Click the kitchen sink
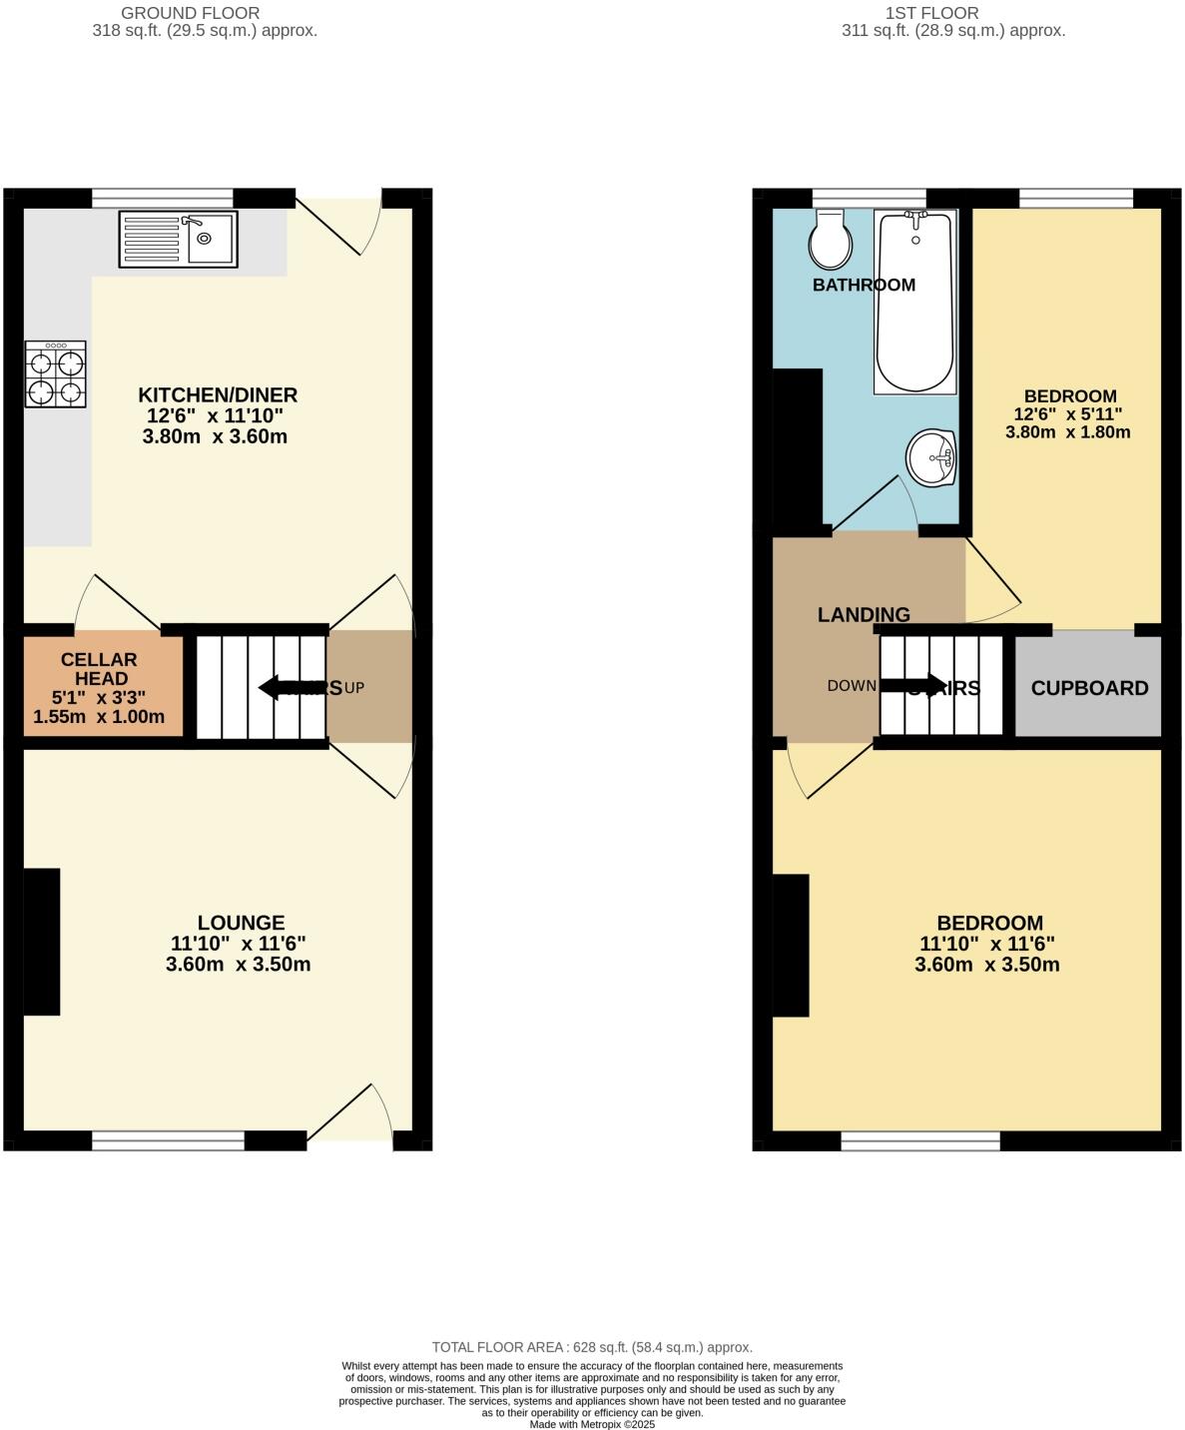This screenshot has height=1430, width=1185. pyautogui.click(x=178, y=239)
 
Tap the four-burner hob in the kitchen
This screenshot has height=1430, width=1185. pyautogui.click(x=56, y=374)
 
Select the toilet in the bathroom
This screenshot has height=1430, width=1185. pyautogui.click(x=830, y=240)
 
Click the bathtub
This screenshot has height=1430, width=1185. pyautogui.click(x=915, y=302)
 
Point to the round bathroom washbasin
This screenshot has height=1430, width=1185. pyautogui.click(x=930, y=458)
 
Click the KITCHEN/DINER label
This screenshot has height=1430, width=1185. pyautogui.click(x=218, y=394)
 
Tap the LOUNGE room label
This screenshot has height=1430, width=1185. pyautogui.click(x=241, y=923)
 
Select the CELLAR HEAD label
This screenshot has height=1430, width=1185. pyautogui.click(x=99, y=669)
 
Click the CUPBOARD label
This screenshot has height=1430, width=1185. pyautogui.click(x=1089, y=688)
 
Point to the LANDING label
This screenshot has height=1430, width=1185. pyautogui.click(x=864, y=614)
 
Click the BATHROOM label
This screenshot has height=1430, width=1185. pyautogui.click(x=864, y=285)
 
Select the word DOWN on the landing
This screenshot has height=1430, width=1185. pyautogui.click(x=852, y=686)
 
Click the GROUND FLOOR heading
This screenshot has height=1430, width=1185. pyautogui.click(x=190, y=13)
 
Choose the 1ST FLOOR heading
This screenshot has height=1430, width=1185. pyautogui.click(x=931, y=13)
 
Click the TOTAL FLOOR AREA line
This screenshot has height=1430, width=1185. pyautogui.click(x=592, y=1347)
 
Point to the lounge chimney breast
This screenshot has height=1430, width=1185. pyautogui.click(x=42, y=942)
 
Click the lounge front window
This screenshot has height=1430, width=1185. pyautogui.click(x=169, y=1139)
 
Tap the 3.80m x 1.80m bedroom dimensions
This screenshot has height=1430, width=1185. pyautogui.click(x=1067, y=432)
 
